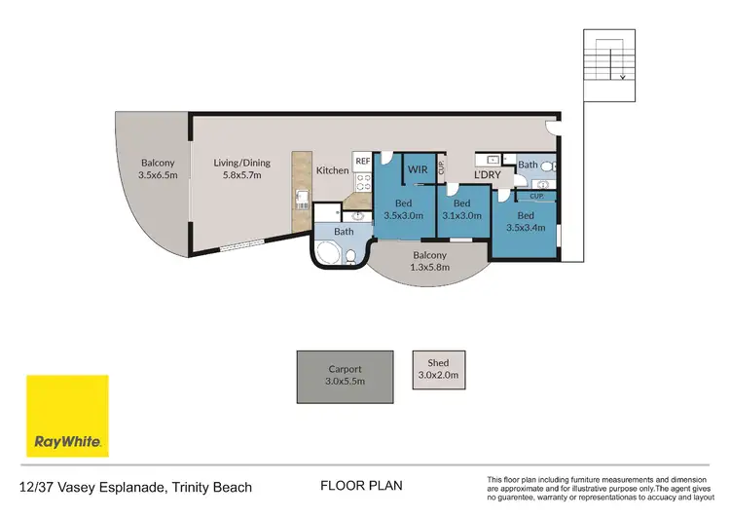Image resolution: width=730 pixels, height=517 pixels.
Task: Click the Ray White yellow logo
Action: click(67, 417)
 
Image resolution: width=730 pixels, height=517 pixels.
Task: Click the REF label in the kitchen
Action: click(361, 161)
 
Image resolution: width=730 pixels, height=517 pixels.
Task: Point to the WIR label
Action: click(418, 169)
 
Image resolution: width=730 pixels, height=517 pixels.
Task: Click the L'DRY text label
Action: click(487, 174)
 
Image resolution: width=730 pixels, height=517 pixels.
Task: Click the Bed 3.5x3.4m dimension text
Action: click(526, 228)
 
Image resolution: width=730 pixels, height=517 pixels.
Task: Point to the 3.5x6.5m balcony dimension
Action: click(156, 176)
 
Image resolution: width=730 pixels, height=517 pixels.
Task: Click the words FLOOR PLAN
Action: click(361, 485)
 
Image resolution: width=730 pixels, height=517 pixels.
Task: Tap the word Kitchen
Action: click(332, 171)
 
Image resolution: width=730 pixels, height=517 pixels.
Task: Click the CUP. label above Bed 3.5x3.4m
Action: click(536, 196)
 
